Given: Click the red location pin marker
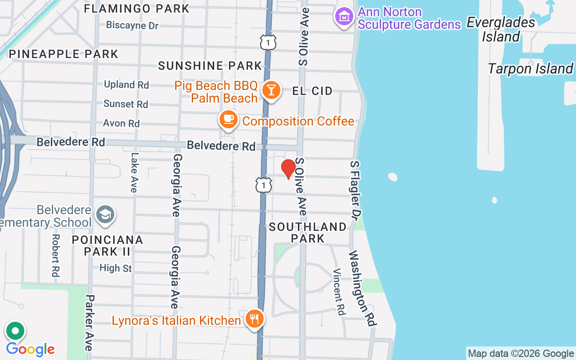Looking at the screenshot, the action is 288,169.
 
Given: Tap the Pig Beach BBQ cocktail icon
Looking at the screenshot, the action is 271,89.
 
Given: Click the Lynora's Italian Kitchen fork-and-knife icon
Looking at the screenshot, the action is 255,319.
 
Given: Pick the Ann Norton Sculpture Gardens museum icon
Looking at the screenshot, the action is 344,17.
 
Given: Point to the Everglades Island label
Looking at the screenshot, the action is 501,29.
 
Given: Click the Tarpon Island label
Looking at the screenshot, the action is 530,69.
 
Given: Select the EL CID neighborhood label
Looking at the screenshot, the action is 312,91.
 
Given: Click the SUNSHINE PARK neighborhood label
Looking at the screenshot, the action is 210,66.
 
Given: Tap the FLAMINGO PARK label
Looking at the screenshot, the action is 137,9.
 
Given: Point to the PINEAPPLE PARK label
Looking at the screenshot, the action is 63,54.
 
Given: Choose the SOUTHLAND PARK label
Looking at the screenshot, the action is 308,232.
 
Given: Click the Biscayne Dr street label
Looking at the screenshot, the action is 132,25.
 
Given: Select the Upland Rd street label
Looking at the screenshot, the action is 126,85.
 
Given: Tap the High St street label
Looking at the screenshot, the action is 116,268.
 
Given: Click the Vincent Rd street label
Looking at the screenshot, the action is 339,292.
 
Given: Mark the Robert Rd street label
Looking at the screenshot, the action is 56,255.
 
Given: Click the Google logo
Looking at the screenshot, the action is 30,349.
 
